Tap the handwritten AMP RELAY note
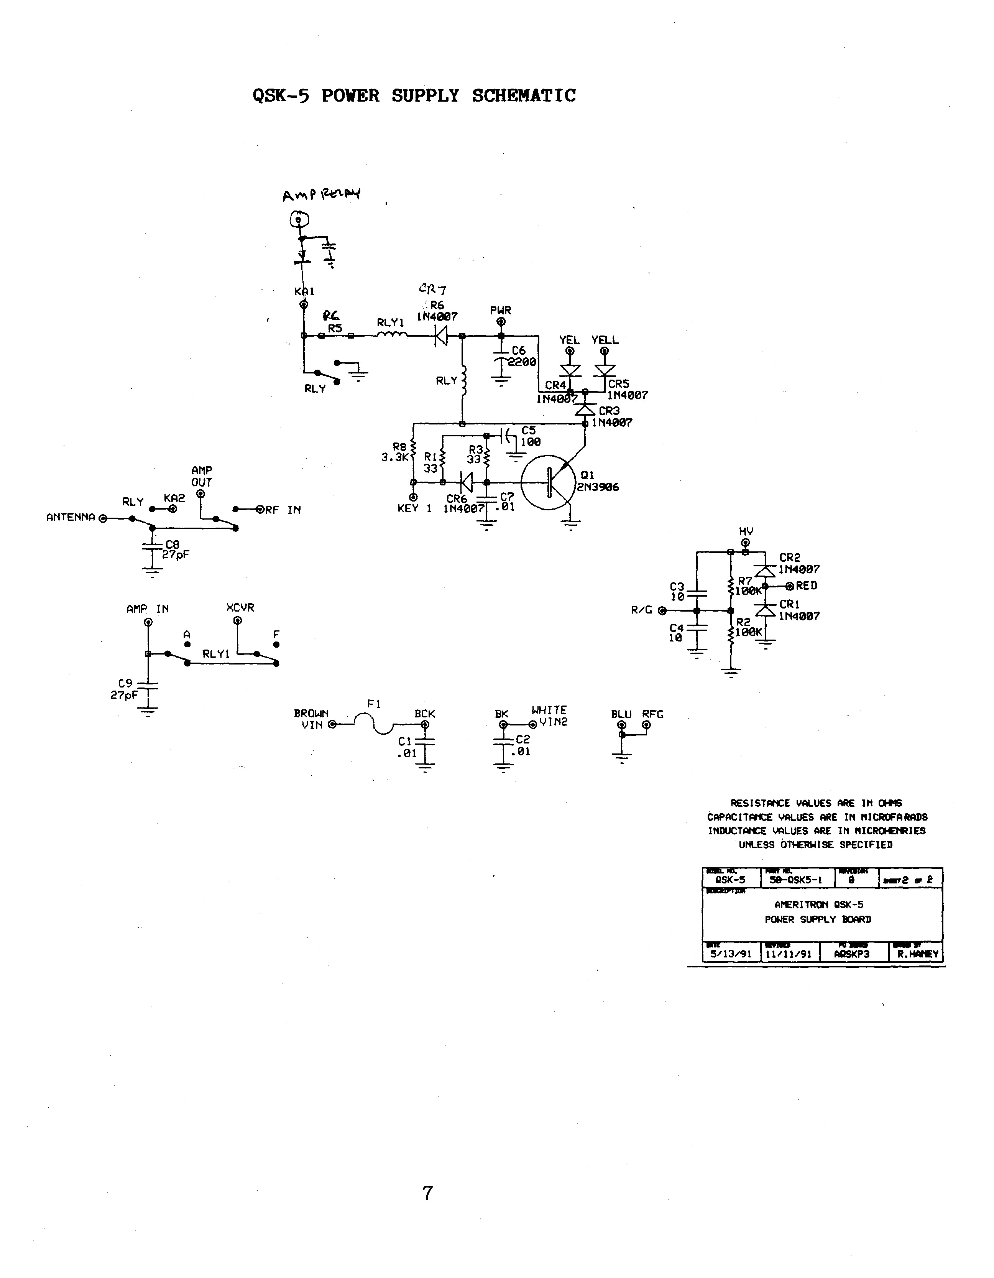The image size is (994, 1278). pos(321,194)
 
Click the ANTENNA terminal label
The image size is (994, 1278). pos(70,517)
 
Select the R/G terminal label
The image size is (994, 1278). pos(641,610)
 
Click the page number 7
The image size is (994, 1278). pos(428,1192)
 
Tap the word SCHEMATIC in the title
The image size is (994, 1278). pos(524,95)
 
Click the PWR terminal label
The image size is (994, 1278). pos(501,310)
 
